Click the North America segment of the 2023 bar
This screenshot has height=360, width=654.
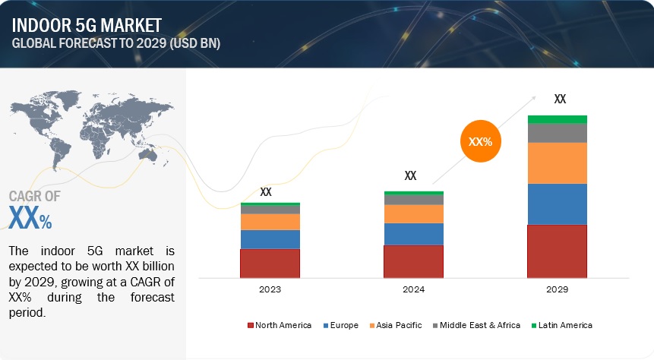coord(270,263)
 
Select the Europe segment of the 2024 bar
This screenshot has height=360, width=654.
coord(413,234)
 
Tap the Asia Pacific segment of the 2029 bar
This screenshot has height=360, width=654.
coord(558,163)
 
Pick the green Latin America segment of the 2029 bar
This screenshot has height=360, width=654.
coord(558,119)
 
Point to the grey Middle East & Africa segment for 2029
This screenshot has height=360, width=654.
coord(558,133)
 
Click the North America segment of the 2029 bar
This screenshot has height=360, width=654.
coord(558,251)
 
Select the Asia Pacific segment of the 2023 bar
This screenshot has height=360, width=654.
coord(270,222)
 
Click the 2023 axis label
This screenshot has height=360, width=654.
coord(270,290)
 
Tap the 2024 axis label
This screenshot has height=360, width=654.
coord(413,290)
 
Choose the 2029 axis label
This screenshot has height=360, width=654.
coord(558,290)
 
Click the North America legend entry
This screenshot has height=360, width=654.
coord(280,325)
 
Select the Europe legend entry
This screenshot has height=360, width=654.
coord(343,325)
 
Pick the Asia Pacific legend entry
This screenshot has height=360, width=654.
coord(397,325)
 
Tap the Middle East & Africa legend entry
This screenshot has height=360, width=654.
coord(476,325)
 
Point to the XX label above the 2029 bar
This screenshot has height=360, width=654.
coord(560,99)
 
